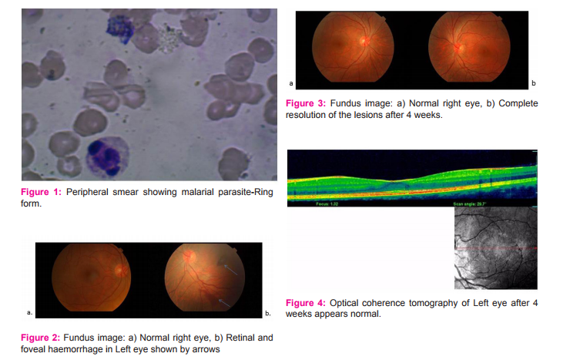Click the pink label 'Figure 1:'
[41, 192]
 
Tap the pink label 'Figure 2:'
[40, 338]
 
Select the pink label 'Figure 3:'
[306, 103]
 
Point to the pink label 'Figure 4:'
[306, 303]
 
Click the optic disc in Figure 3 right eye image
[364, 41]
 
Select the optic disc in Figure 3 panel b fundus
[458, 47]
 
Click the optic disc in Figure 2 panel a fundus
[121, 270]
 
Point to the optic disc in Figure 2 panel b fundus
[189, 257]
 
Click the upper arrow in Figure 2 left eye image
[230, 270]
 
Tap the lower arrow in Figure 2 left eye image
[225, 303]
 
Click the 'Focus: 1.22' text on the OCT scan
[327, 204]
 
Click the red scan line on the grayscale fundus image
[496, 248]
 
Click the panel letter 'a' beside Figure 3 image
[291, 83]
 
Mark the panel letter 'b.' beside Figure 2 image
[268, 313]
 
